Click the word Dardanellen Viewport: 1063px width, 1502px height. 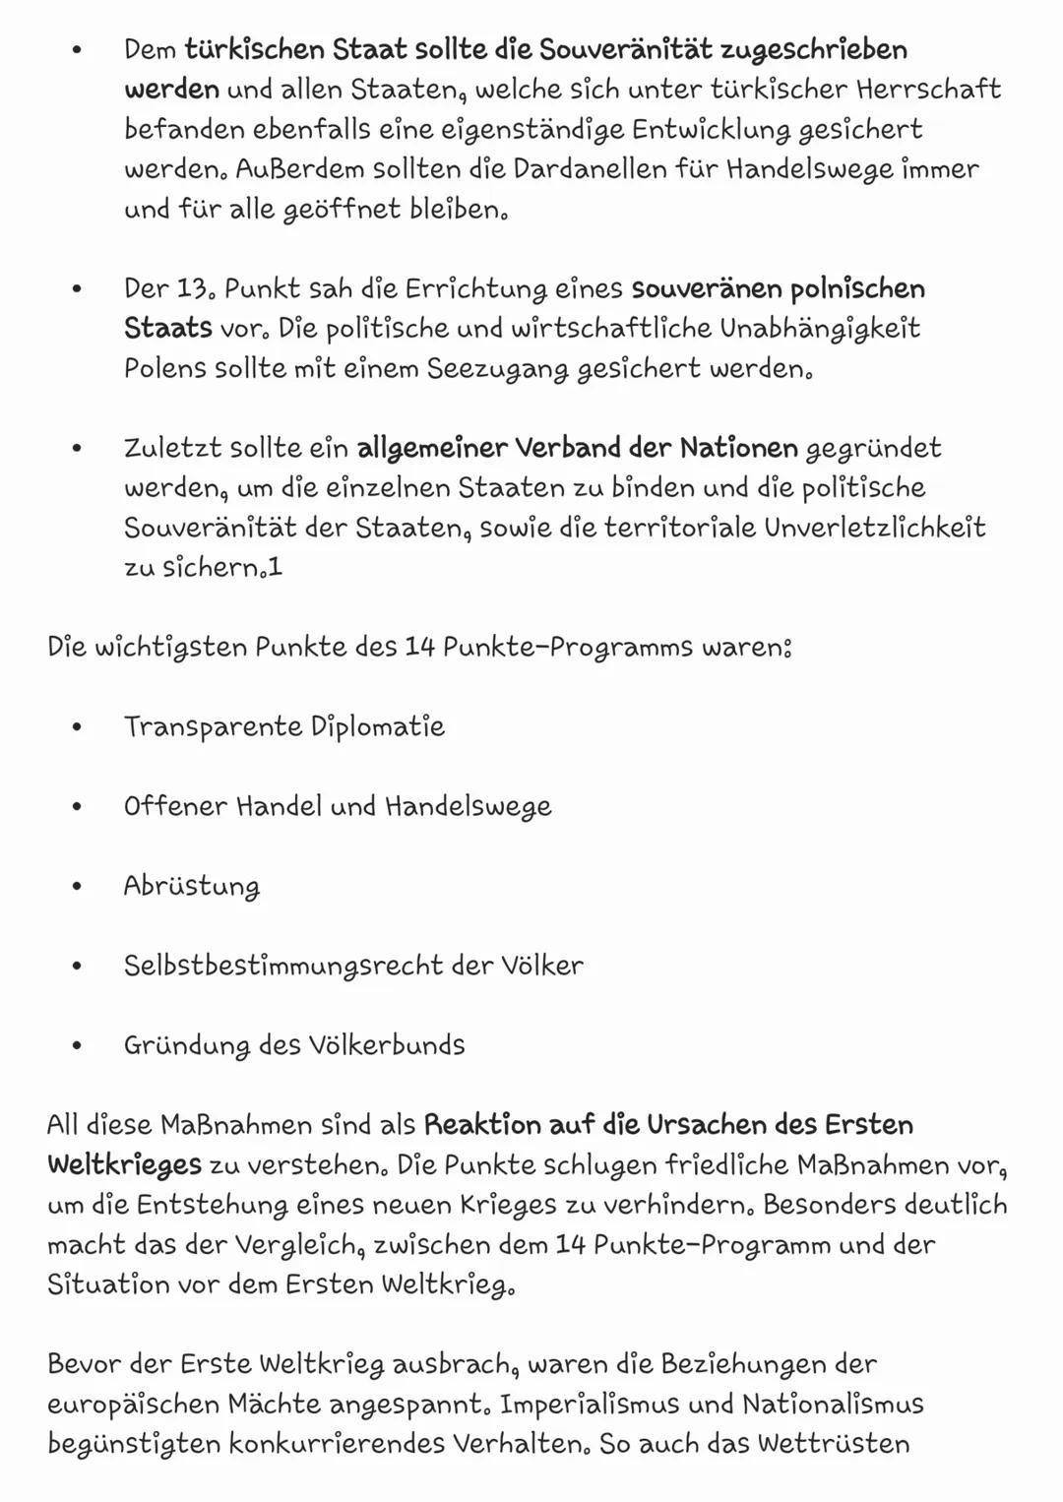pos(589,169)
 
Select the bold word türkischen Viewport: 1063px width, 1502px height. pos(254,49)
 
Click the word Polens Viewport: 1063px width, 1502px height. pos(165,369)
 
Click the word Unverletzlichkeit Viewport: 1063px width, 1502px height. pos(875,529)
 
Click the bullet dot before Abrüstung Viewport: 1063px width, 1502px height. pos(77,887)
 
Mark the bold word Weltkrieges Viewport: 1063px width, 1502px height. pos(124,1165)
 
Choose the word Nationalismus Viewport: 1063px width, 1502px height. pos(833,1405)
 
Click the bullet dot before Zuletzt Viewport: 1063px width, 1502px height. pos(77,449)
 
